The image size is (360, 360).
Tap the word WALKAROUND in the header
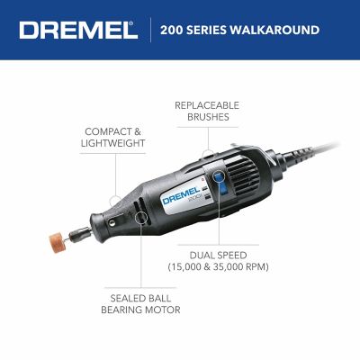pyautogui.click(x=279, y=30)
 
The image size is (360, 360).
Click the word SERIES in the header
pyautogui.click(x=214, y=30)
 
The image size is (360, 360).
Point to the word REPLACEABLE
pyautogui.click(x=208, y=105)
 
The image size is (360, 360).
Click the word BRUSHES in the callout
pyautogui.click(x=208, y=118)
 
